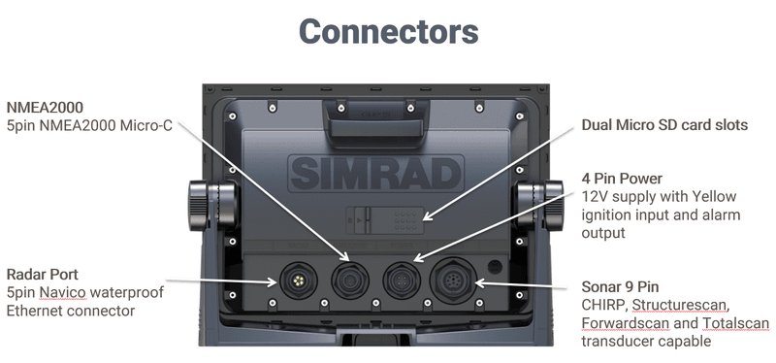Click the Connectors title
pos(388,32)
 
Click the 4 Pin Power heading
pos(622,179)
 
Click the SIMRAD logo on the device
pos(388,175)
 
